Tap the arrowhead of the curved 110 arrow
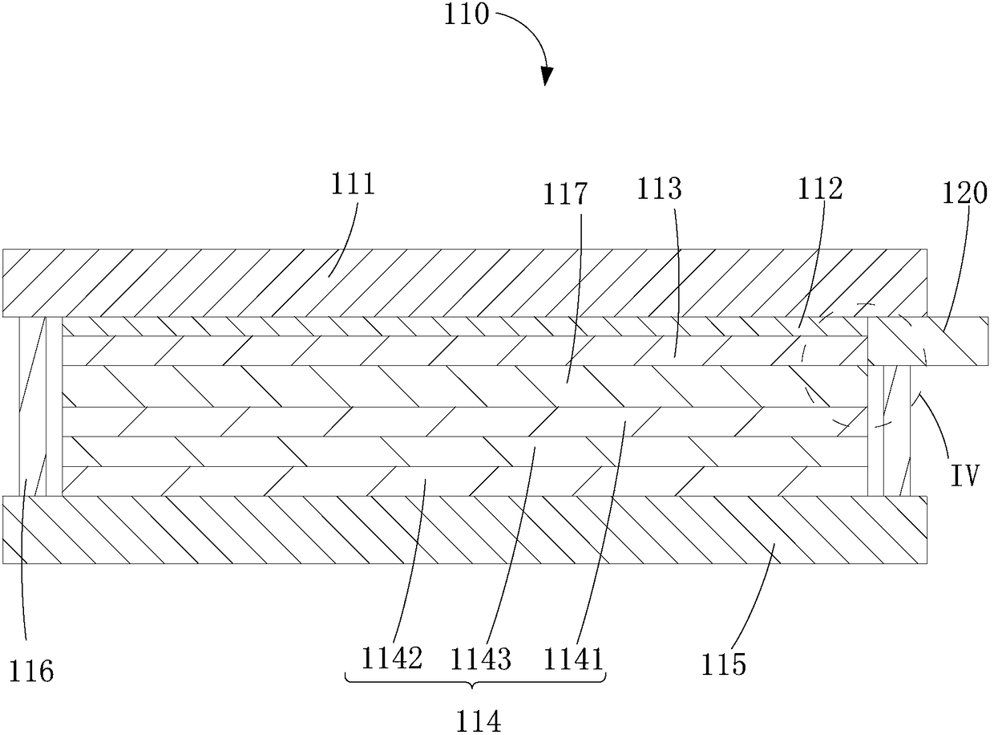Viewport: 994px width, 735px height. (548, 75)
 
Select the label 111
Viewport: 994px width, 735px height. (353, 187)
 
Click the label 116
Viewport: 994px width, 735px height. (33, 671)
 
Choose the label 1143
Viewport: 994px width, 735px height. (480, 659)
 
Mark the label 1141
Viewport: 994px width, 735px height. (572, 659)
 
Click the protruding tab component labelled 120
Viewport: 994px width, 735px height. (930, 342)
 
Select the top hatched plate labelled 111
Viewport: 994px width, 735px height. (465, 283)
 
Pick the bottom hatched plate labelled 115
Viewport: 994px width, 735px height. (465, 530)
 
